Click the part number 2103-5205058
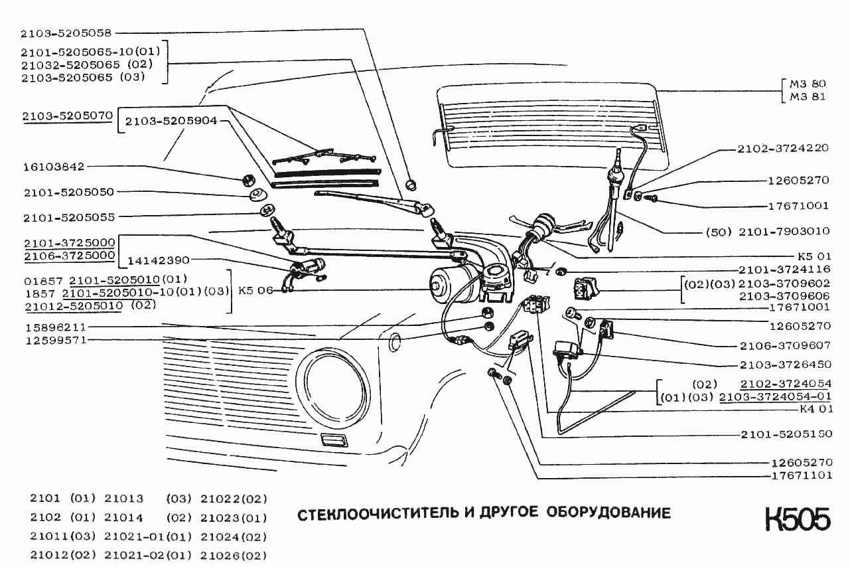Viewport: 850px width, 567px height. coord(66,32)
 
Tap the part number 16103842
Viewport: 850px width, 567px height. coord(52,167)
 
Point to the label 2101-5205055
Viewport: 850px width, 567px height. coord(68,217)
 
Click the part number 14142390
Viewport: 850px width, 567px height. coord(159,260)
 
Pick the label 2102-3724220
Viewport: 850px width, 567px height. coord(783,149)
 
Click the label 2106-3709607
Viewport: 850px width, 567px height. coord(785,346)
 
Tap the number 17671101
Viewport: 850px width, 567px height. coord(801,475)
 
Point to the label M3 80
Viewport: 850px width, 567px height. coord(808,84)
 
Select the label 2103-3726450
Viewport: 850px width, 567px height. coord(785,364)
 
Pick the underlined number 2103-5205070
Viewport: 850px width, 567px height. coord(67,116)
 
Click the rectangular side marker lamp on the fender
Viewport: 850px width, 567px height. coord(332,440)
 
